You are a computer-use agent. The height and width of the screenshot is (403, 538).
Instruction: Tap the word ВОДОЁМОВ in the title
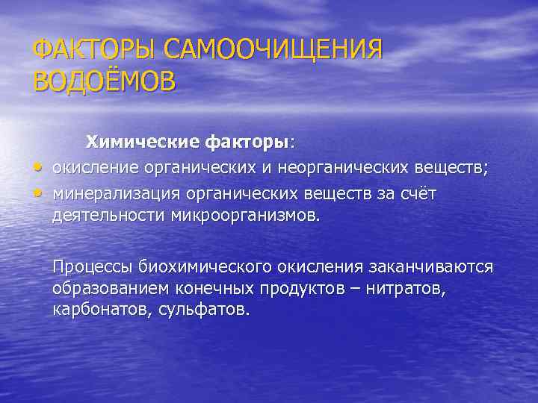105,81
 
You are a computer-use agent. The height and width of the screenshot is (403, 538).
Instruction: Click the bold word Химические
132,141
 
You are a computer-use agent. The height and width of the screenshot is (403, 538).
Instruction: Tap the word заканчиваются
424,266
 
